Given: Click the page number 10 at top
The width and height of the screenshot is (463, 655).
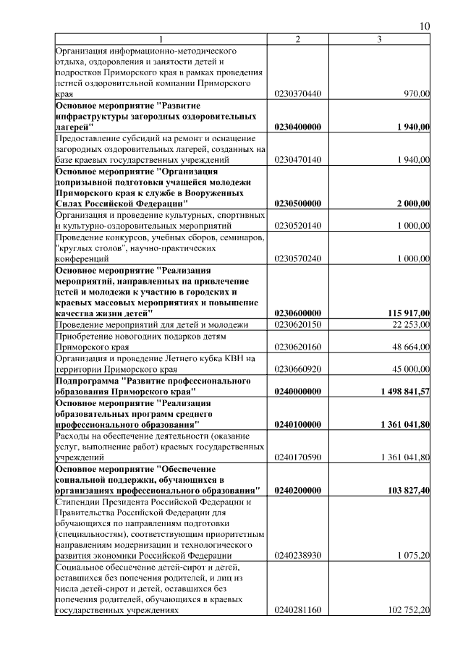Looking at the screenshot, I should coord(425,27).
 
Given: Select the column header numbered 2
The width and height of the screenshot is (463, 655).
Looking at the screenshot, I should coord(298,39).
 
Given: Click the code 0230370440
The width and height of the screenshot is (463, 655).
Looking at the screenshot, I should coord(298,94).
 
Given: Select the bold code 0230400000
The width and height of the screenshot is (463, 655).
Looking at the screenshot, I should coord(298,127).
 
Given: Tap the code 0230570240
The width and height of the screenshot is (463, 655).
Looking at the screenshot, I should coord(298,258).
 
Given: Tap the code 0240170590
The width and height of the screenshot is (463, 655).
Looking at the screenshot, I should coord(298,457).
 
